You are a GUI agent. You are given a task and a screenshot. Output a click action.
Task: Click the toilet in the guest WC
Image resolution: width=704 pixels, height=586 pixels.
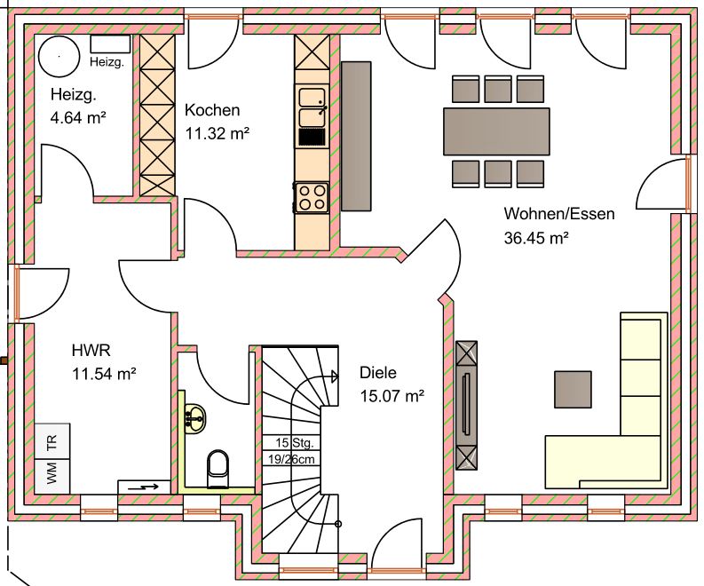coord(218,469)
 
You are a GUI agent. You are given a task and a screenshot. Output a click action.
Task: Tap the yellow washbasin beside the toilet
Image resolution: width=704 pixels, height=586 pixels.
coord(194,419)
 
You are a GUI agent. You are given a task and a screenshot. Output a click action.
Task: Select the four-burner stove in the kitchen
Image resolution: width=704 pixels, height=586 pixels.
coord(312,198)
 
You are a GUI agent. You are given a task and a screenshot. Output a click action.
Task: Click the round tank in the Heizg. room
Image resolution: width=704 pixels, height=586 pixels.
coord(59,57)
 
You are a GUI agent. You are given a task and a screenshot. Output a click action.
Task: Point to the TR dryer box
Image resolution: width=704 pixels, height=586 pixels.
coord(52,441)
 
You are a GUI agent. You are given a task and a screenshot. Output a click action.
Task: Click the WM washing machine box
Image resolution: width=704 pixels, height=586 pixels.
coord(52,476)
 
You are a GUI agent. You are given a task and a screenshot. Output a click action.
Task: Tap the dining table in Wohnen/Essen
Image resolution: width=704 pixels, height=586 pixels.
coord(496,131)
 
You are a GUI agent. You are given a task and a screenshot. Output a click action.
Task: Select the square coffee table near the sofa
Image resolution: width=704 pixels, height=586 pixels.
coord(573,389)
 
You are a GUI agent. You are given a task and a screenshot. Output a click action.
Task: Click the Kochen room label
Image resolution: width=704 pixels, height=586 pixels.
coord(212,110)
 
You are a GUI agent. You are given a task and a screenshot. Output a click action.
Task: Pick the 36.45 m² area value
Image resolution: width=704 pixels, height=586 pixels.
coord(536,238)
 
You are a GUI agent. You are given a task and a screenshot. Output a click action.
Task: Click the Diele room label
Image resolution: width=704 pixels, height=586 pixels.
coord(378,372)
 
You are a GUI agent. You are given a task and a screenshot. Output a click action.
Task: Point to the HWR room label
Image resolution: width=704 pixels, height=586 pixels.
coord(91,350)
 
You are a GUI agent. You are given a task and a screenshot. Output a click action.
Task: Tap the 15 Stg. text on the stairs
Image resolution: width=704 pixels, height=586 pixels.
coord(294,443)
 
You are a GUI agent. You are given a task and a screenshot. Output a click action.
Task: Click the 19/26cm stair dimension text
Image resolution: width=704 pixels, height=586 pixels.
coord(291,459)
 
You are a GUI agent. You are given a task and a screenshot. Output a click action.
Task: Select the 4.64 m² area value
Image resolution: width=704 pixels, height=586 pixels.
coord(78,118)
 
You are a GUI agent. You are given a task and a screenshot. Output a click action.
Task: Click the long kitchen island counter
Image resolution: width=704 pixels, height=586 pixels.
coord(356,136)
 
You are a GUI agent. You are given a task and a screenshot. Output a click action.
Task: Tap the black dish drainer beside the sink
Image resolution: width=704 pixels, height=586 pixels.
coord(312,137)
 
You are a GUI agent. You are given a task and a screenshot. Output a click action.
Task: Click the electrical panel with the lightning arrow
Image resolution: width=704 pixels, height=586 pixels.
coord(144,487)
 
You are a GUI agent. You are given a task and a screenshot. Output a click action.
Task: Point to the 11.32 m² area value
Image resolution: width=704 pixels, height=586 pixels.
coord(217,133)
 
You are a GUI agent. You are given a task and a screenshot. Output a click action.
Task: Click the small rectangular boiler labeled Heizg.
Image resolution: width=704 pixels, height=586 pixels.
coord(110,44)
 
